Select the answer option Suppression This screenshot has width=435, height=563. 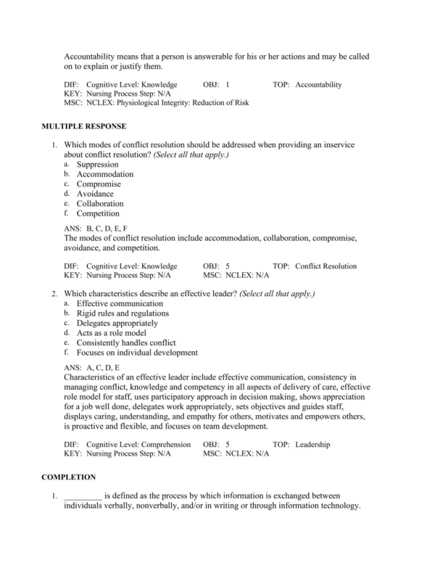(x=97, y=165)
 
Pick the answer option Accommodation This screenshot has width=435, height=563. (x=105, y=174)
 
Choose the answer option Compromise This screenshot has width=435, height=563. (x=99, y=184)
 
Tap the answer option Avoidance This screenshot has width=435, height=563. (x=95, y=194)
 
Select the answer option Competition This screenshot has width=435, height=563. (x=98, y=213)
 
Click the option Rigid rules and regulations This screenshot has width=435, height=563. (x=123, y=313)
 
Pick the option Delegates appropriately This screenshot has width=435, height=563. (x=117, y=323)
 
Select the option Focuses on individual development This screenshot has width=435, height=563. (x=137, y=353)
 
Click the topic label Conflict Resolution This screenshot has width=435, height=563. (x=326, y=266)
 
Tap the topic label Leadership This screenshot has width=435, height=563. (x=312, y=444)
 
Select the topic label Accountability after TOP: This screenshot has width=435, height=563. (x=318, y=85)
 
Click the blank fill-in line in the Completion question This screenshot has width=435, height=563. (x=83, y=496)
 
